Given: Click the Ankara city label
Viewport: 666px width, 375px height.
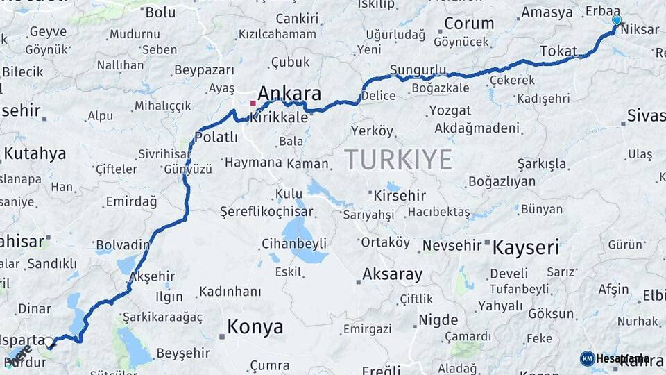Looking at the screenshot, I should (289, 94).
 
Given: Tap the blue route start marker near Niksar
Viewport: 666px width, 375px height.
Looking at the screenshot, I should (616, 21).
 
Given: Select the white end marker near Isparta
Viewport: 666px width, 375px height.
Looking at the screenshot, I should (49, 341).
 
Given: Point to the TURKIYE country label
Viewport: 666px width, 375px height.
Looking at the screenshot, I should (398, 159).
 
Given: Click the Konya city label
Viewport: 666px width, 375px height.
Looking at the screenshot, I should (255, 327).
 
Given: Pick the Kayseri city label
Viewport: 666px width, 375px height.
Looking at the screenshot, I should (525, 247).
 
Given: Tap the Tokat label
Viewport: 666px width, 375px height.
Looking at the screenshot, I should (558, 51).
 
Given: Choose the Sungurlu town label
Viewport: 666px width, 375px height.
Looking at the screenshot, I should (418, 70).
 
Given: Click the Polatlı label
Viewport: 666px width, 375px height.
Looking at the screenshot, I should (216, 137).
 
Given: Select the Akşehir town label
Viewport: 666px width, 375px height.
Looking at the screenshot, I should (151, 276).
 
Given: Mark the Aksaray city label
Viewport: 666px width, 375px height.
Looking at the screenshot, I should (392, 274).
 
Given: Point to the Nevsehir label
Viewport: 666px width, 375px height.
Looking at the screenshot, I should (452, 246).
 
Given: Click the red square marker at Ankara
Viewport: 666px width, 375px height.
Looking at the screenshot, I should (253, 104).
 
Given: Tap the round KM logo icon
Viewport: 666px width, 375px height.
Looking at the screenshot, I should (587, 358).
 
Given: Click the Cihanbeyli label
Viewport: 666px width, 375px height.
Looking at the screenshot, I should (293, 244).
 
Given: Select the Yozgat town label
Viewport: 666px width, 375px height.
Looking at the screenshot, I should (450, 110).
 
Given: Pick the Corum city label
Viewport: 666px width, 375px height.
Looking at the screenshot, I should (468, 24).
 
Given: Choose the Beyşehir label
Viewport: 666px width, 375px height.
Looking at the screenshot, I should (183, 353).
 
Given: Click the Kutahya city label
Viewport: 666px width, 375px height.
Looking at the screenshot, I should (35, 153).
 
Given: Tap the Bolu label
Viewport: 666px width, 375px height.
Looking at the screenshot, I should (160, 12).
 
